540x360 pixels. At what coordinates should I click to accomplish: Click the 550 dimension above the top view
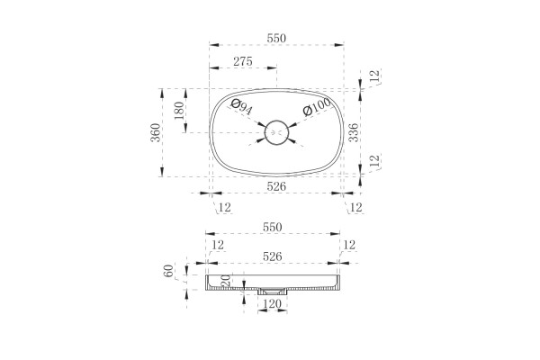tap(276, 38)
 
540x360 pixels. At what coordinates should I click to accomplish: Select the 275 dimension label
tap(243, 62)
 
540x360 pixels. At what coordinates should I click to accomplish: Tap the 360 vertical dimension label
tap(156, 132)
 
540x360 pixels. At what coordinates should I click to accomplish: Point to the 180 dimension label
tap(179, 110)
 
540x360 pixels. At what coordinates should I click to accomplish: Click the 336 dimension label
tap(354, 132)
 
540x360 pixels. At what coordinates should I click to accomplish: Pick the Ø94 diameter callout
tap(242, 107)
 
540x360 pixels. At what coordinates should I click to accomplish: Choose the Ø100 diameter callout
tap(317, 106)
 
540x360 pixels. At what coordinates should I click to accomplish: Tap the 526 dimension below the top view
tap(276, 186)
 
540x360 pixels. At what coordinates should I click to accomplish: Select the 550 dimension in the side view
tap(273, 228)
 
